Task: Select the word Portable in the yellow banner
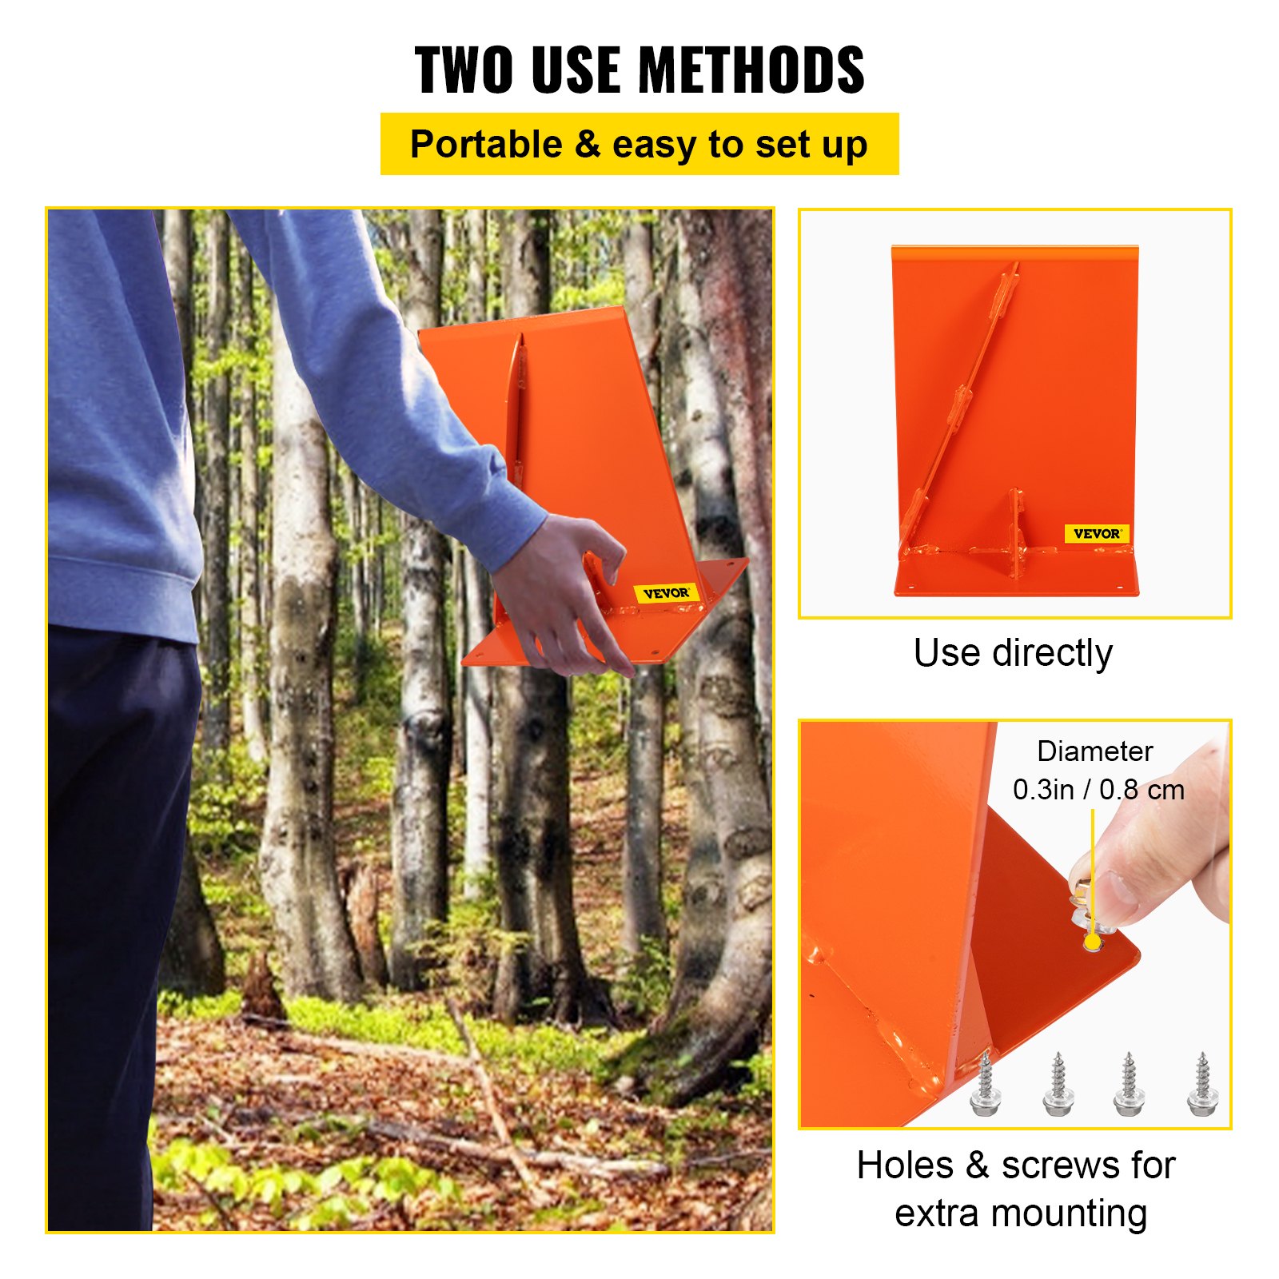[486, 145]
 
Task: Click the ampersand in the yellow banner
[588, 145]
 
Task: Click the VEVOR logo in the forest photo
[666, 593]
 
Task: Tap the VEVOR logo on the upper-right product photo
[1097, 533]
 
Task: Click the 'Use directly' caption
[1013, 653]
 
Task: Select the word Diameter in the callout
[1094, 751]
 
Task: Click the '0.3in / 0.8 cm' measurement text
[1098, 790]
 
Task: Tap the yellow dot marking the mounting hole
[1093, 944]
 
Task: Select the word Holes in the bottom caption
[905, 1165]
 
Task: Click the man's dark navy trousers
[112, 879]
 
